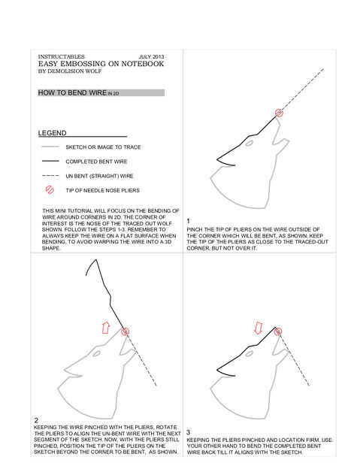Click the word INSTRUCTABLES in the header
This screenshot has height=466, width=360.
(61, 56)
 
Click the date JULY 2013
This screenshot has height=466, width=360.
(151, 56)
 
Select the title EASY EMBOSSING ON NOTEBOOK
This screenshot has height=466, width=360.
(101, 64)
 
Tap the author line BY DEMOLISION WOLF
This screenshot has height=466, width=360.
(70, 71)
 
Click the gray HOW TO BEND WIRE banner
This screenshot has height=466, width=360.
(101, 92)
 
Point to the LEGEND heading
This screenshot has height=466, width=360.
(53, 133)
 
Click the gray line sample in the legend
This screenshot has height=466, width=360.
(50, 147)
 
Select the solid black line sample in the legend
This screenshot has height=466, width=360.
(50, 161)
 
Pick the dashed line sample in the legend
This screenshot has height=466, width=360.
(50, 175)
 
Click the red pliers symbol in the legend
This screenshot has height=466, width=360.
(50, 190)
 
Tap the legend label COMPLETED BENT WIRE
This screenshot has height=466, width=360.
(96, 162)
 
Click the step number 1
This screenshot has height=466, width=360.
(188, 221)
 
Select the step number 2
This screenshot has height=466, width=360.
(36, 420)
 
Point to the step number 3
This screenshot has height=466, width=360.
(189, 432)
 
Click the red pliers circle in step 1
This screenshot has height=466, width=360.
(279, 113)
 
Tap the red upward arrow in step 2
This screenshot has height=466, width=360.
(105, 327)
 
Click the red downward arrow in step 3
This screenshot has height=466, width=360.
(259, 327)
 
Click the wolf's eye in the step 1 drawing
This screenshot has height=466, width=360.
(249, 144)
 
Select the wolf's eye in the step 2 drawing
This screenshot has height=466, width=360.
(96, 353)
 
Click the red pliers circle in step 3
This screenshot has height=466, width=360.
(278, 331)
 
